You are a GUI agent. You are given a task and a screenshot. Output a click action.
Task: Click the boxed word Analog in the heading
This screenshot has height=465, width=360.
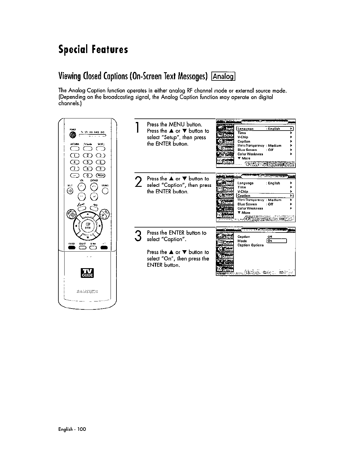[223, 77]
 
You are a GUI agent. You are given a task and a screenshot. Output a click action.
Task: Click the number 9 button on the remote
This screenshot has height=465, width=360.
[101, 169]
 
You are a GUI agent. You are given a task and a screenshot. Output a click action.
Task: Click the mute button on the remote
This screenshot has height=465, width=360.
[70, 191]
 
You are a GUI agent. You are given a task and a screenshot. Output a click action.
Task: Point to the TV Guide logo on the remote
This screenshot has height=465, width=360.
[87, 273]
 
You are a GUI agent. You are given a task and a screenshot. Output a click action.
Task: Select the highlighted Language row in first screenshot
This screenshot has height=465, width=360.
[264, 129]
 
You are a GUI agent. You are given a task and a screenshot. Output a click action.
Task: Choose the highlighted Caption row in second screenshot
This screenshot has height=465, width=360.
[264, 196]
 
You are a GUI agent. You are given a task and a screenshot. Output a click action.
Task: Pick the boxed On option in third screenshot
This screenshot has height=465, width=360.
[276, 241]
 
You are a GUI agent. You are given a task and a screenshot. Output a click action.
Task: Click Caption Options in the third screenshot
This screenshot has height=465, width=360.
[250, 245]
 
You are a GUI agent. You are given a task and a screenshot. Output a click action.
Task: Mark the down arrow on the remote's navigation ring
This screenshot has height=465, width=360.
[88, 238]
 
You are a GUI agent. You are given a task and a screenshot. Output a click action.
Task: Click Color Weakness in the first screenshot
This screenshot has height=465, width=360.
[250, 154]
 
